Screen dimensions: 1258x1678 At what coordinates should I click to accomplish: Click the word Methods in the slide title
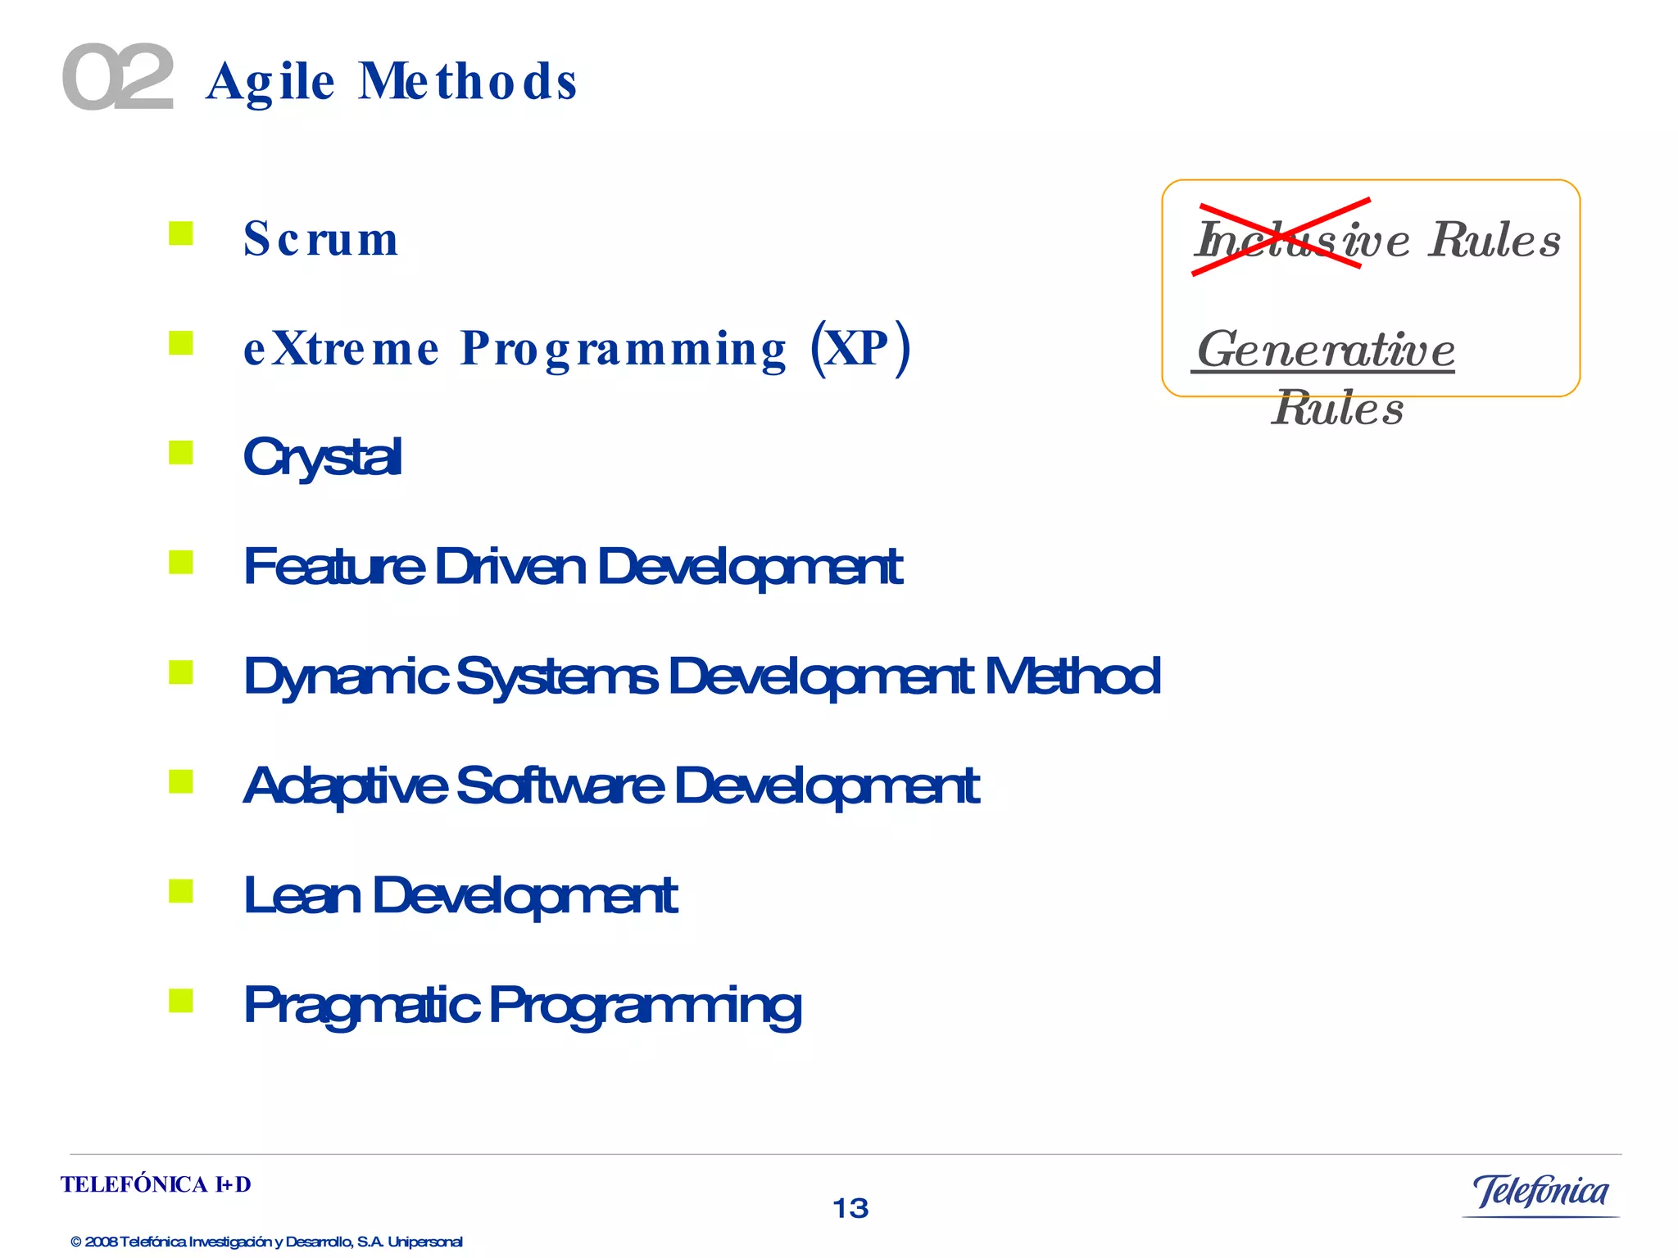(x=468, y=82)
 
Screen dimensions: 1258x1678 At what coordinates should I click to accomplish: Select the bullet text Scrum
(x=321, y=239)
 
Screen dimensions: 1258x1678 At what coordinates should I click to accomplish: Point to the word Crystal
(x=322, y=456)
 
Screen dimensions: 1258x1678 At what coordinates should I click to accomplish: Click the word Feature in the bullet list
(x=334, y=566)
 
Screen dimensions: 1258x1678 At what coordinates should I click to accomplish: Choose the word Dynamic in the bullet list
(x=346, y=677)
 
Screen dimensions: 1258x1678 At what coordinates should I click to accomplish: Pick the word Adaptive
(x=346, y=785)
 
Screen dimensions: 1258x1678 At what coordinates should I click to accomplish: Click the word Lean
(x=302, y=895)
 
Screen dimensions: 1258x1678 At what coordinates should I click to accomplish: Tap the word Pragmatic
(x=361, y=1005)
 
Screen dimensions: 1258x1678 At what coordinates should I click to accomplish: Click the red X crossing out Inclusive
(x=1281, y=236)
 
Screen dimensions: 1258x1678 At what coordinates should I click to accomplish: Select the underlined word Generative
(x=1325, y=350)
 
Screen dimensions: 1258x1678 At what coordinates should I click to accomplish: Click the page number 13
(x=850, y=1208)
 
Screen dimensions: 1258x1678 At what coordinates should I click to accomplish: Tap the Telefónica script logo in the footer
(x=1540, y=1192)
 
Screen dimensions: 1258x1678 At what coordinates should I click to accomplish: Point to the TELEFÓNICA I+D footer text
(x=156, y=1184)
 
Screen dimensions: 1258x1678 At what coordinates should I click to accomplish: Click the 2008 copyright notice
(x=266, y=1242)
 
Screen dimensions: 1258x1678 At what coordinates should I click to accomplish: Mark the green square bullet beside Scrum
(x=181, y=233)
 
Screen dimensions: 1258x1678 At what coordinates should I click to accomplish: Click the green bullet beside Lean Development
(x=181, y=890)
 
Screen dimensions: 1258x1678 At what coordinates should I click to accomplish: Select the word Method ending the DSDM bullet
(x=1073, y=677)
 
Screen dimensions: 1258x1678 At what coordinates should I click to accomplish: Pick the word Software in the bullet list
(x=560, y=785)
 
